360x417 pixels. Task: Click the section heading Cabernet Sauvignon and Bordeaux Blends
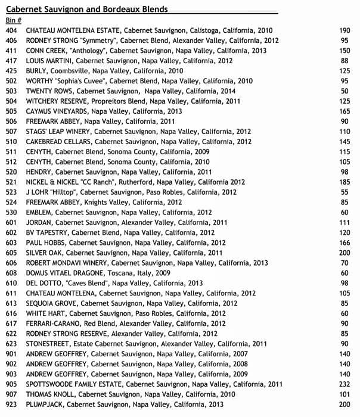click(x=86, y=9)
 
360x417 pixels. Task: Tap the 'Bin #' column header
click(x=14, y=20)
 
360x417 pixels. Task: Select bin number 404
click(x=11, y=30)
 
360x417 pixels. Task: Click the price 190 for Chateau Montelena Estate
click(x=344, y=30)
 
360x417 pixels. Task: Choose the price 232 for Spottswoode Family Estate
click(x=344, y=384)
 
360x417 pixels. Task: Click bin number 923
click(x=11, y=404)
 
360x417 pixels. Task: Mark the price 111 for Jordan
click(x=344, y=222)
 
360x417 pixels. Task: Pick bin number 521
click(x=11, y=182)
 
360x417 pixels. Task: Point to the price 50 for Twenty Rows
click(x=345, y=91)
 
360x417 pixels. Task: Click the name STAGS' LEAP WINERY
click(x=58, y=131)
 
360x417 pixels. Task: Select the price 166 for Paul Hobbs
click(x=344, y=242)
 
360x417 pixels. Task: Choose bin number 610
click(x=11, y=283)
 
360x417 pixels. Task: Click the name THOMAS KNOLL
click(x=51, y=394)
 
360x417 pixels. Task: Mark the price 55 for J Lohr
click(x=345, y=192)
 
